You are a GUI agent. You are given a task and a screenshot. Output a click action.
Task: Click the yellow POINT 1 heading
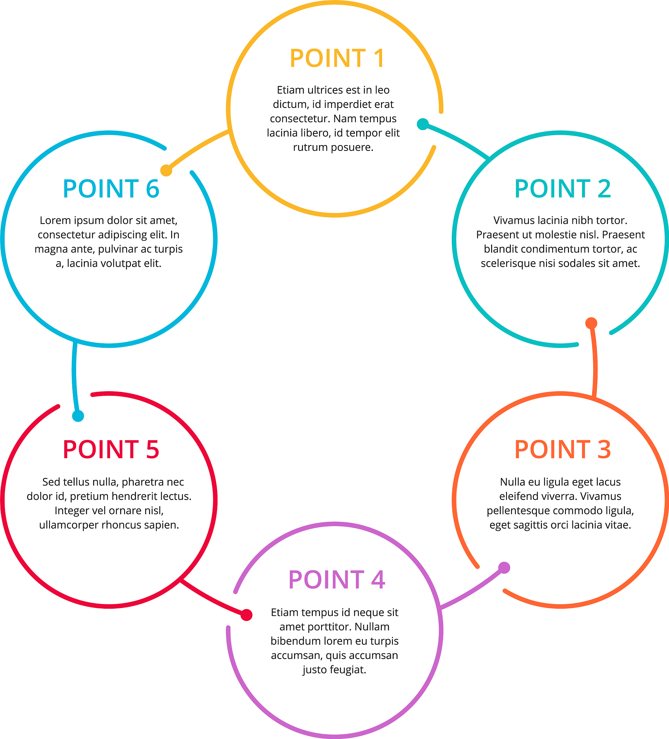coord(337,59)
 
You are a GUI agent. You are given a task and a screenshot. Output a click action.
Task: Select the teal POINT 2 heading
coord(562,189)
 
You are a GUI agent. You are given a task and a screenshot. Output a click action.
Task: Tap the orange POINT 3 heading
coord(562,450)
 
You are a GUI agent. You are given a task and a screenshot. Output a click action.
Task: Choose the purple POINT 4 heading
coord(337,580)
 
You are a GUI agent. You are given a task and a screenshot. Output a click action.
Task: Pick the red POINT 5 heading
coord(111,450)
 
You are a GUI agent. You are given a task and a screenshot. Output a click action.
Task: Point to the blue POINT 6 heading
coord(111,189)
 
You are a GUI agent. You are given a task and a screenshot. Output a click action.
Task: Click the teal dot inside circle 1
coord(423,124)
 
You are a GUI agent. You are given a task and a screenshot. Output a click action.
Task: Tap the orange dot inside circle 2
coord(591,323)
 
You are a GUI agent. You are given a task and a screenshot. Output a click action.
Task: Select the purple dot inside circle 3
coord(504,568)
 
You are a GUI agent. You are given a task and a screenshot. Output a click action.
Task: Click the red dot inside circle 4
coord(246,615)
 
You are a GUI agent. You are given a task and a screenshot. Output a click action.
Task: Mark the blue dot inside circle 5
coord(78,416)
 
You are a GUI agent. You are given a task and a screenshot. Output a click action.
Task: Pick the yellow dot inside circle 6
coord(166,170)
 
